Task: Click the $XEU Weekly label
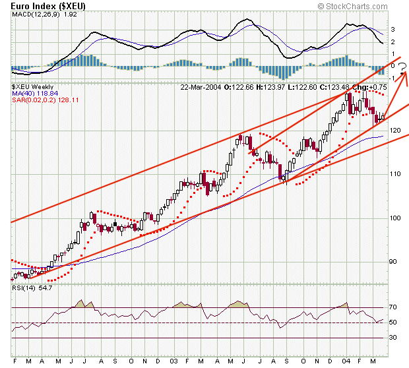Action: [x=33, y=86]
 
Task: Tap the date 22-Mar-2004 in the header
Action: [x=201, y=86]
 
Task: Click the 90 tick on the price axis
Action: [x=393, y=261]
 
